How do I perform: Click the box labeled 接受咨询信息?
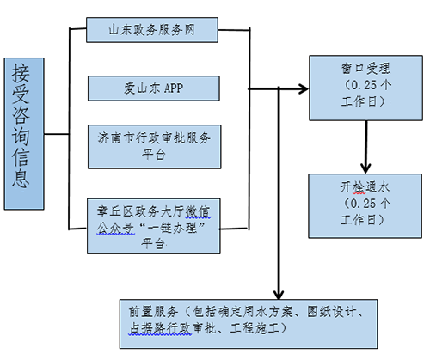pyautogui.click(x=23, y=134)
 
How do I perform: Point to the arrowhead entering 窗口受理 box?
pyautogui.click(x=303, y=88)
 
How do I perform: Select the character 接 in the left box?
pyautogui.click(x=23, y=74)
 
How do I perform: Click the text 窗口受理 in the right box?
pyautogui.click(x=365, y=68)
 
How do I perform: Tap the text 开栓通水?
pyautogui.click(x=365, y=183)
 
